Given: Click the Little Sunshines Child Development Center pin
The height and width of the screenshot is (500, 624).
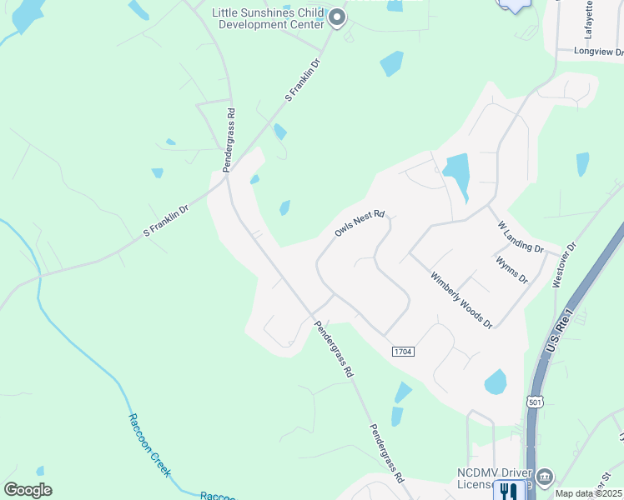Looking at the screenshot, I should (336, 17).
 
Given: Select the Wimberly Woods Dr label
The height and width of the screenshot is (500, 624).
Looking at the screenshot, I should (461, 301).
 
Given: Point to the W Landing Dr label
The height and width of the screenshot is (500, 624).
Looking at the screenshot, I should (521, 237).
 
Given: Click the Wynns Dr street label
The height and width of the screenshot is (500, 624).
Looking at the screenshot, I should (511, 270).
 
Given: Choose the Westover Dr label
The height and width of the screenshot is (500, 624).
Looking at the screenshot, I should (565, 266).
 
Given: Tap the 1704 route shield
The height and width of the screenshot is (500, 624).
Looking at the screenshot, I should (402, 352).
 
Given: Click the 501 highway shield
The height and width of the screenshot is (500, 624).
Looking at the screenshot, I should (535, 402).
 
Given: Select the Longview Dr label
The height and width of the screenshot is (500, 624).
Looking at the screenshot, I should (599, 51).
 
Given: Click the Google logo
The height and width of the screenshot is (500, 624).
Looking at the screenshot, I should (28, 490).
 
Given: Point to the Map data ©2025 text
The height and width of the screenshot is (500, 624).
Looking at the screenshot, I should (588, 493).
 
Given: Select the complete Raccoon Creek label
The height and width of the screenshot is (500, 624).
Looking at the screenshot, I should (148, 444).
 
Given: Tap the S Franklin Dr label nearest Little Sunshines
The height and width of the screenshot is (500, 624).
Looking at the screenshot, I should (303, 80).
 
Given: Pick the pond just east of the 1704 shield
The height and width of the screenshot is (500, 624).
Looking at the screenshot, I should (496, 382).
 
